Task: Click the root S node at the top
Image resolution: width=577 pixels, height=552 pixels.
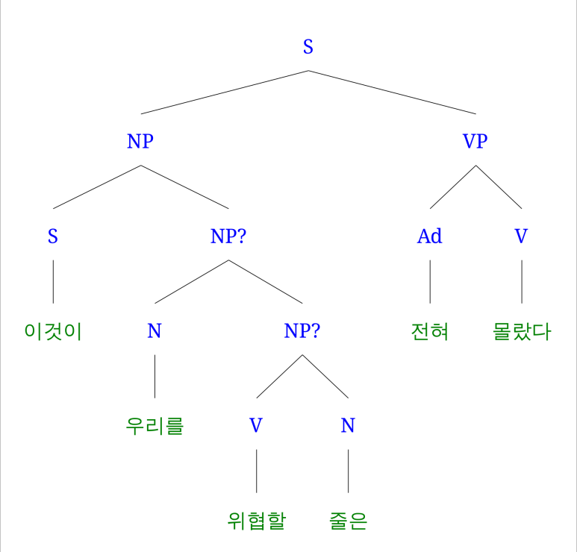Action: (308, 47)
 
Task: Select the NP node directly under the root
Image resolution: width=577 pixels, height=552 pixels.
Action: (140, 141)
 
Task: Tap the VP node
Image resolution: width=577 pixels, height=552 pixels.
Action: (475, 141)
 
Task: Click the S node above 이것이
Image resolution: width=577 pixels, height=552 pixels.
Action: (52, 236)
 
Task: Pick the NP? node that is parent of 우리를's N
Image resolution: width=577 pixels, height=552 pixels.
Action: (228, 236)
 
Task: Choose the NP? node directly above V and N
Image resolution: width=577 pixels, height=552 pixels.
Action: (302, 331)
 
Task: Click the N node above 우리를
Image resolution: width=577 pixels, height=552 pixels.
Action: (155, 331)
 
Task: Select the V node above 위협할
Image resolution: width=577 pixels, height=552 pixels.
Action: (256, 426)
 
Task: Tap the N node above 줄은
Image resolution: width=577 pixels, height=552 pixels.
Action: (348, 426)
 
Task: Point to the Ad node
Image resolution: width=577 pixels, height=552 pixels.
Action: (430, 236)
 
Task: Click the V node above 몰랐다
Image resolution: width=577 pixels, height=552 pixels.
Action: (521, 236)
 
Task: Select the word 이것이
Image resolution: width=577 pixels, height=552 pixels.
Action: (52, 331)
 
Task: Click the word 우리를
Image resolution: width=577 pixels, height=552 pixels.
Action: (155, 426)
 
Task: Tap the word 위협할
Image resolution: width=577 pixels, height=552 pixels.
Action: (256, 521)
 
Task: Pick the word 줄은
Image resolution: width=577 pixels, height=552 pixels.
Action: (348, 521)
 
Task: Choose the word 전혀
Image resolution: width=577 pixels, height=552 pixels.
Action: (430, 331)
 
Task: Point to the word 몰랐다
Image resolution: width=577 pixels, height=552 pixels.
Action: (521, 331)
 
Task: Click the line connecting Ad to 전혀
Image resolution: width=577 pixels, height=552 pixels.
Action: (430, 282)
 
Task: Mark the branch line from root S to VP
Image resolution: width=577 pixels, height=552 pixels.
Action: (392, 92)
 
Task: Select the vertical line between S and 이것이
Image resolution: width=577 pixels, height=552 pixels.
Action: (52, 282)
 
